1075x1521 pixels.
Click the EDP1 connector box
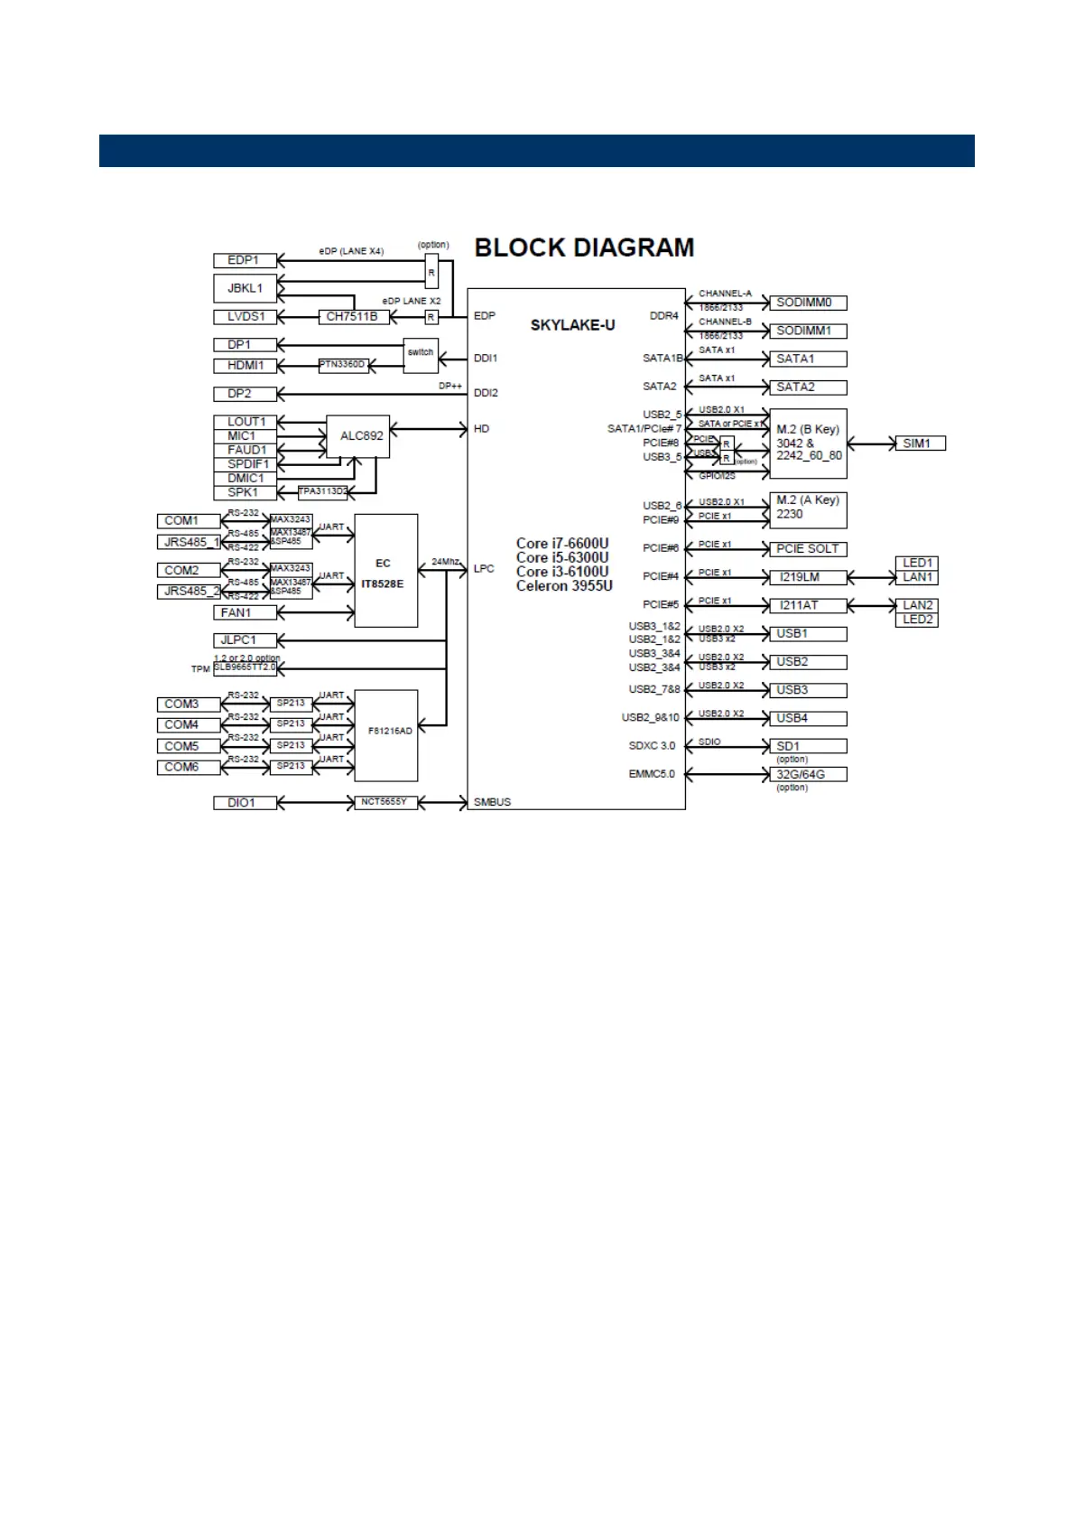click(x=245, y=260)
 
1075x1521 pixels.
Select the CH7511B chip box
click(x=352, y=317)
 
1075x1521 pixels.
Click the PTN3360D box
click(x=344, y=365)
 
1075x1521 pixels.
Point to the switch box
click(x=421, y=352)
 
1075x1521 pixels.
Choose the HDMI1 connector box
click(x=245, y=366)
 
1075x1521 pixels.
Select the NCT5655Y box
click(x=385, y=802)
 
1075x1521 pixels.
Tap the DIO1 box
click(x=245, y=803)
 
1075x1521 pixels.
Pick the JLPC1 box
click(x=245, y=640)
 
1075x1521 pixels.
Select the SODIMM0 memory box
click(x=807, y=303)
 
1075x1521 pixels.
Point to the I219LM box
click(x=807, y=577)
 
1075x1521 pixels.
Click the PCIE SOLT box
click(x=807, y=549)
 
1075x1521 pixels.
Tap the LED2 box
click(x=917, y=620)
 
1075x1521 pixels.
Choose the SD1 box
click(x=807, y=746)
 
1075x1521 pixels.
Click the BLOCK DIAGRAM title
click(x=584, y=247)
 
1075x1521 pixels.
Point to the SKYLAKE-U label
click(x=572, y=325)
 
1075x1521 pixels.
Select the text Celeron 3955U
click(x=564, y=586)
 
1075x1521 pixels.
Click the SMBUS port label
click(x=492, y=802)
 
